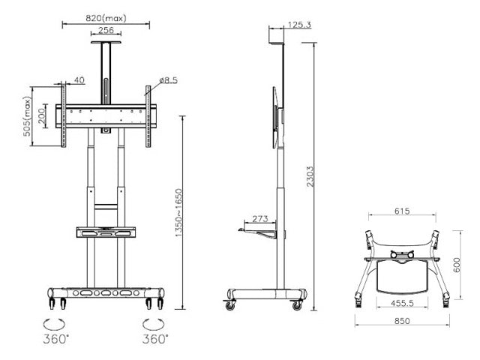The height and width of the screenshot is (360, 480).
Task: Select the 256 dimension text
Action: pyautogui.click(x=106, y=31)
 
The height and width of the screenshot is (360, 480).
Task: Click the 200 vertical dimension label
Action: pyautogui.click(x=44, y=116)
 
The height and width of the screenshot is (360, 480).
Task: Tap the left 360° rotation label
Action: pyautogui.click(x=57, y=339)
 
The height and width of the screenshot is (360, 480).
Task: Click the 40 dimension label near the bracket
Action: pyautogui.click(x=79, y=80)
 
